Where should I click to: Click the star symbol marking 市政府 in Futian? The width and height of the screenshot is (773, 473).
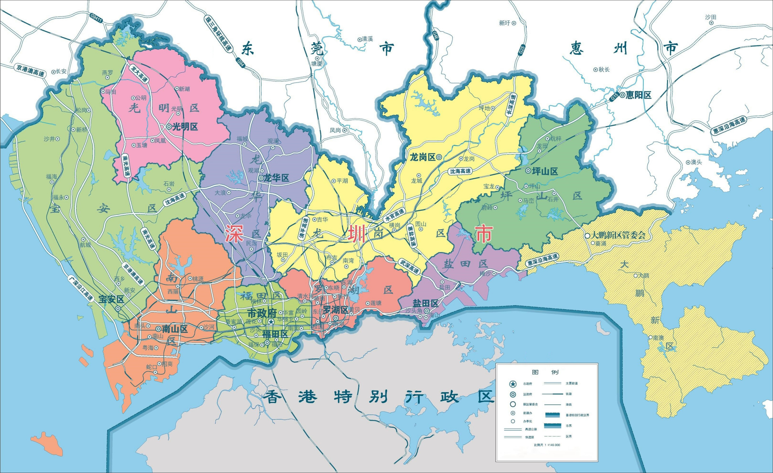pos(271,322)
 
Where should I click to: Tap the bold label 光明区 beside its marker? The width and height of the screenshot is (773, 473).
pos(185,127)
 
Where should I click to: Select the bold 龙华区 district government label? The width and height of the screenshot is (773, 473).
pos(276,178)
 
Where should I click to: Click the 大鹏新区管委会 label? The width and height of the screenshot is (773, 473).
pos(619,235)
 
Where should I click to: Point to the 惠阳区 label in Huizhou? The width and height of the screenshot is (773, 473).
pos(638,95)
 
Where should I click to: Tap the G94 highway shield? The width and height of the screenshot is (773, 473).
pos(241,63)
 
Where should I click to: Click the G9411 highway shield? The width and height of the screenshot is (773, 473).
pos(96,18)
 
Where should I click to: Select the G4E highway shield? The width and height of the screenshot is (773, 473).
pos(435,35)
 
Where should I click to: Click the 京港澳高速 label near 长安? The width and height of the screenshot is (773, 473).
pos(30,71)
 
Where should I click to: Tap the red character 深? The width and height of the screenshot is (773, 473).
pos(234,234)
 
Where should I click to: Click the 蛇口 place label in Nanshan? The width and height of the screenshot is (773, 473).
pos(151,367)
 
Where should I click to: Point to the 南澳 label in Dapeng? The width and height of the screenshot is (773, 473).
pos(658,338)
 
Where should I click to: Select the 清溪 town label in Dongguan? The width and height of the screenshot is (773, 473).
pos(367,39)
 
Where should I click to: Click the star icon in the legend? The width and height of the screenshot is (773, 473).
pos(513,384)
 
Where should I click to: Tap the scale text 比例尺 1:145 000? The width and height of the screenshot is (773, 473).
pos(547,445)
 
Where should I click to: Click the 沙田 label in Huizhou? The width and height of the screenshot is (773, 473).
pos(711,17)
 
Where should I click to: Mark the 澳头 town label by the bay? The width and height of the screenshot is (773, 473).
pos(696,162)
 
